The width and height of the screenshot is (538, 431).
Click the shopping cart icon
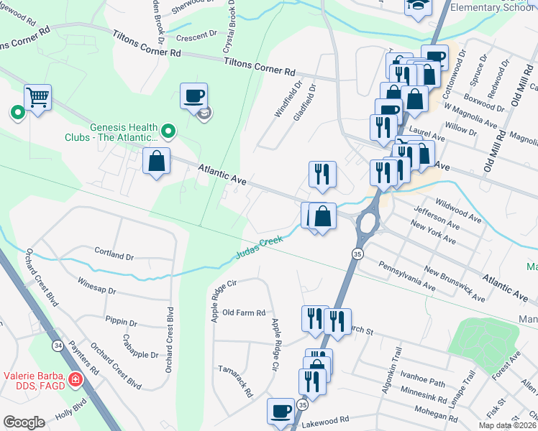pos(37,97)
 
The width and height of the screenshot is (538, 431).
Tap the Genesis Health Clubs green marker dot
pos(168,131)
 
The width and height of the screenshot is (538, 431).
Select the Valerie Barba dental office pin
pos(75,379)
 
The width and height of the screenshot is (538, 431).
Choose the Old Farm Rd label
pos(245,312)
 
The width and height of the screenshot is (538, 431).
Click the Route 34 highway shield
pos(56,346)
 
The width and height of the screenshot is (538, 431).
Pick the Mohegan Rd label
pos(440,412)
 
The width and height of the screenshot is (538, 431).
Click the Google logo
pos(24,422)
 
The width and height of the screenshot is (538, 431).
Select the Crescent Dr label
pos(196,34)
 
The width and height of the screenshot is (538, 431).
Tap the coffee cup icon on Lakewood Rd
pos(281,411)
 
